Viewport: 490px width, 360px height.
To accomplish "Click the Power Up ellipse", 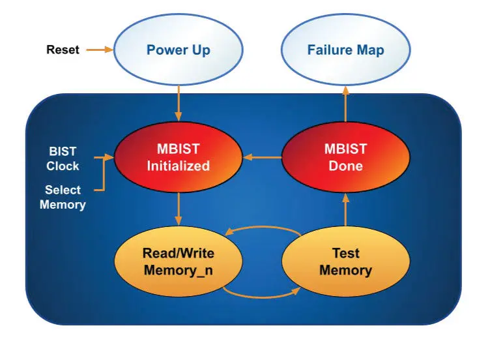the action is [x=179, y=50].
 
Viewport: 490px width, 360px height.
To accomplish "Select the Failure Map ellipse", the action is [x=345, y=50].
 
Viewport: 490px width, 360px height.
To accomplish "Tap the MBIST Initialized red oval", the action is [x=179, y=157].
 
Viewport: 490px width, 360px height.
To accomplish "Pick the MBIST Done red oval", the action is [x=345, y=157].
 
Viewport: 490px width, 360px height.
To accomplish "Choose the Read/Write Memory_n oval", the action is [x=179, y=261].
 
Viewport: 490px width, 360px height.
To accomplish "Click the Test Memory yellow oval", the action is [x=345, y=261].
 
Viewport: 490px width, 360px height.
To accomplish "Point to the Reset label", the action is [x=63, y=50].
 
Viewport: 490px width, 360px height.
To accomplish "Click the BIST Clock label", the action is [x=63, y=158].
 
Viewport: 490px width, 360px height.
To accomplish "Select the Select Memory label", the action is [x=63, y=197].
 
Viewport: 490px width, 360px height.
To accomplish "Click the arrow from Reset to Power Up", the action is [x=100, y=50].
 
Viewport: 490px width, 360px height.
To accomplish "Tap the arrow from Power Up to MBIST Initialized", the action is [x=179, y=103].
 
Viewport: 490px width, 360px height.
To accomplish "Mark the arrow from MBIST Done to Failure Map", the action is [x=345, y=104].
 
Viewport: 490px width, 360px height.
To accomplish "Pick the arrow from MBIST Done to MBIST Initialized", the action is [x=262, y=157].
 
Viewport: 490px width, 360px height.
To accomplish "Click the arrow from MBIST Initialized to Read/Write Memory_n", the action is [x=179, y=209].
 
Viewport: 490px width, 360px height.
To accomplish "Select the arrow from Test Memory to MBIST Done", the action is [x=345, y=209].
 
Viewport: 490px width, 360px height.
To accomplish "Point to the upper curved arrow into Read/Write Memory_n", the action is [x=263, y=227].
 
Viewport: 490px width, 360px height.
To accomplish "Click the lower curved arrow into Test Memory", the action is [x=262, y=297].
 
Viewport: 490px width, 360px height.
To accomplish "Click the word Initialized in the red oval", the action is [x=179, y=166].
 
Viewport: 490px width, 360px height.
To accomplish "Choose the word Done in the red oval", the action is [x=345, y=166].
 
